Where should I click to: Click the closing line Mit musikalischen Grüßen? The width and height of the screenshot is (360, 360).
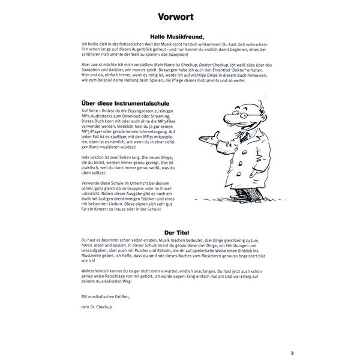pyautogui.click(x=104, y=296)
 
